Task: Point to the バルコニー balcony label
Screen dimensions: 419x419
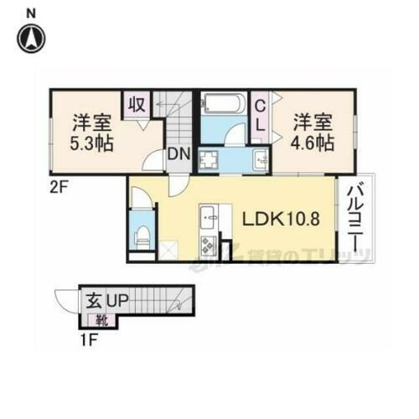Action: pyautogui.click(x=354, y=218)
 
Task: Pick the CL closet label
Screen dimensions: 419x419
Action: pyautogui.click(x=261, y=115)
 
